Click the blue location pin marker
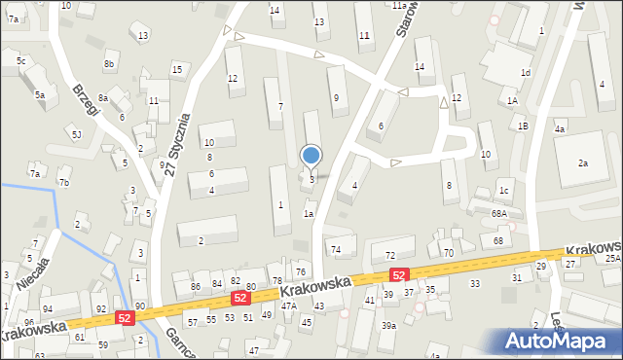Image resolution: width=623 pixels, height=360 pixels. pyautogui.click(x=311, y=156)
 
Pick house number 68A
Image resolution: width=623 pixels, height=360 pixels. pyautogui.click(x=499, y=213)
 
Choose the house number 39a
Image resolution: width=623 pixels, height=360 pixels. pyautogui.click(x=388, y=326)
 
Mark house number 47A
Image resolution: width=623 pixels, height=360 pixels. pyautogui.click(x=289, y=306)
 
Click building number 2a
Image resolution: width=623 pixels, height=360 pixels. pyautogui.click(x=583, y=163)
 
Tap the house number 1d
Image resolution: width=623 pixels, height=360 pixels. pyautogui.click(x=526, y=72)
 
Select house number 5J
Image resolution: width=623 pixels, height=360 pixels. pyautogui.click(x=76, y=133)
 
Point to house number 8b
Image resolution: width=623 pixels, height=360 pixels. pyautogui.click(x=109, y=64)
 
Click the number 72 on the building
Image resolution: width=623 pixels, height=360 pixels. pyautogui.click(x=390, y=255)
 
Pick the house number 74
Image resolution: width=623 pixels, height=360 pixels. pyautogui.click(x=336, y=250)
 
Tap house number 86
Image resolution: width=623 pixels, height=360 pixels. pyautogui.click(x=196, y=286)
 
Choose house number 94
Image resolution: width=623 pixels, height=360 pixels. pyautogui.click(x=47, y=309)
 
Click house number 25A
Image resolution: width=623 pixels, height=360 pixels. pyautogui.click(x=612, y=259)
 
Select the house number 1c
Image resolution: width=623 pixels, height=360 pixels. pyautogui.click(x=504, y=190)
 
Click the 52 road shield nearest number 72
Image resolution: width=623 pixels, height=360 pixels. pyautogui.click(x=398, y=275)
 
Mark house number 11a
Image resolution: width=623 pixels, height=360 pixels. pyautogui.click(x=399, y=5)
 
